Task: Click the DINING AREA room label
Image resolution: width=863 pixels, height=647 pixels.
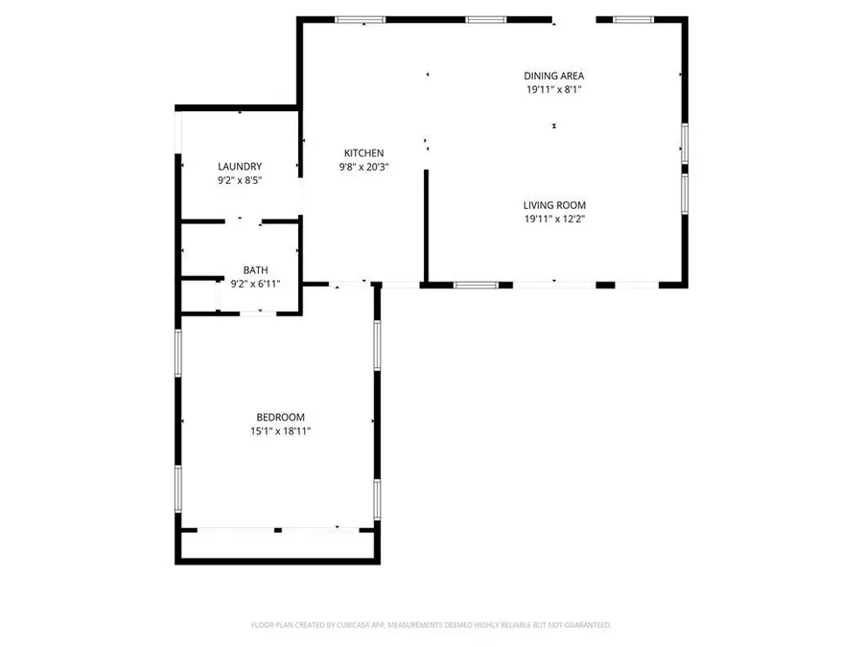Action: point(553,76)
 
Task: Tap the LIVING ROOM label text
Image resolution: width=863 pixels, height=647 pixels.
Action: point(553,204)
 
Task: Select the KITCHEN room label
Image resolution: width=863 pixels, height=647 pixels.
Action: point(363,153)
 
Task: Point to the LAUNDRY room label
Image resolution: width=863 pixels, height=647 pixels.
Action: point(239,167)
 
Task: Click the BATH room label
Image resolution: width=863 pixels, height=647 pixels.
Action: point(255,270)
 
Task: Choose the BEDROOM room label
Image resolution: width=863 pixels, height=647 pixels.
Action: point(280,417)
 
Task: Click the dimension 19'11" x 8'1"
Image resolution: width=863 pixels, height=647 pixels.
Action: point(553,90)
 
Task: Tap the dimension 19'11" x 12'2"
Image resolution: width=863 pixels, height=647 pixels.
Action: point(553,219)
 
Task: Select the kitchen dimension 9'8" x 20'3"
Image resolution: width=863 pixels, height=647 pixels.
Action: point(363,167)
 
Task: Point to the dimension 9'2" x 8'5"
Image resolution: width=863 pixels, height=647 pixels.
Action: point(239,180)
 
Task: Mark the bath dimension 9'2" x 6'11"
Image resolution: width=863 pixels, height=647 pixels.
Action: point(255,284)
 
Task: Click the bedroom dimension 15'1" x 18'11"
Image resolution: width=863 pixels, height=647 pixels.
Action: point(280,431)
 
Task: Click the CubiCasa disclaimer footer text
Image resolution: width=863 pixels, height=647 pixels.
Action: point(431,625)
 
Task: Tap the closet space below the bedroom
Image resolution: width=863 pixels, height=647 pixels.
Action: point(277,543)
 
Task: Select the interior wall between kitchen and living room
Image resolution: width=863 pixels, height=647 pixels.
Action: point(426,225)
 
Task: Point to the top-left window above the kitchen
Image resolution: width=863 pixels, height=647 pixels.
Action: point(360,19)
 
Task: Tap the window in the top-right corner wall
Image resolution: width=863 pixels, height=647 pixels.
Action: point(633,19)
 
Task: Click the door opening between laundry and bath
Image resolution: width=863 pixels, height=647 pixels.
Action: point(250,220)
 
